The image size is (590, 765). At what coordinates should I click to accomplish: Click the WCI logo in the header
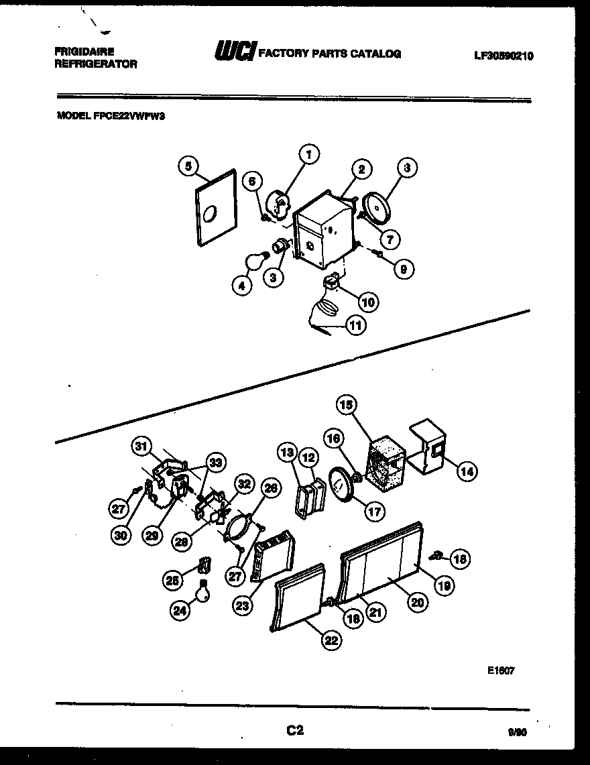(x=233, y=53)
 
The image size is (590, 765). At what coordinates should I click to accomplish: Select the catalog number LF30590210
(x=504, y=56)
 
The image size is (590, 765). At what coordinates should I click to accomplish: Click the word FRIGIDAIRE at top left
(x=84, y=52)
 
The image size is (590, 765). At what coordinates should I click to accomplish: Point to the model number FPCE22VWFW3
(x=111, y=115)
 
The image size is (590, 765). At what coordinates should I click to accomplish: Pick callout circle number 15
(x=347, y=405)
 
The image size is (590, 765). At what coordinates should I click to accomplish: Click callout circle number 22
(x=330, y=640)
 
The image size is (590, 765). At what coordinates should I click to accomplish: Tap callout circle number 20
(x=418, y=603)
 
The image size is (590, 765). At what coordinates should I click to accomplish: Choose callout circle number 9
(x=403, y=270)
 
